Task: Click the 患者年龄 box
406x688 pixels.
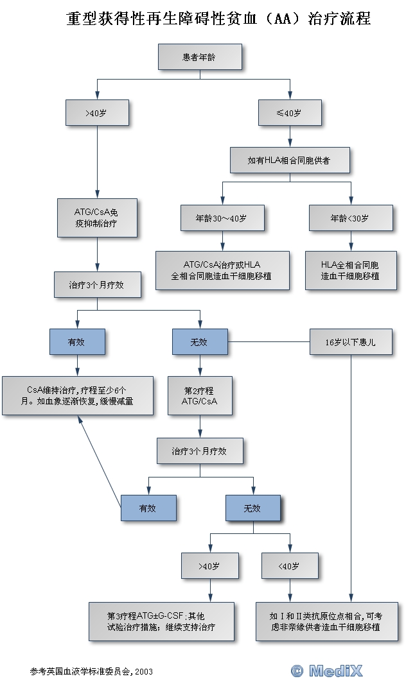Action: (x=200, y=57)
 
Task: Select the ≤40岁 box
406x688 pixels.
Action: (x=290, y=113)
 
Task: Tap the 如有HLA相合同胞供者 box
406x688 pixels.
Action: (x=290, y=160)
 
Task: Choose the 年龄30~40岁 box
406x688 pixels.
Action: (x=222, y=218)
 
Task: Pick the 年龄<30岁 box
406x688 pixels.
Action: (x=351, y=218)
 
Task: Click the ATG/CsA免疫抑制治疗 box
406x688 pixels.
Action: (x=97, y=218)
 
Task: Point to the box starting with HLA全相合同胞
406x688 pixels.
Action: (x=351, y=270)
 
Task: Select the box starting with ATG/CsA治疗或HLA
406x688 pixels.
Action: (x=222, y=270)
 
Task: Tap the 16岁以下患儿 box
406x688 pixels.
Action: (x=351, y=343)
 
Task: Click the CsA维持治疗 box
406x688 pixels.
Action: (x=78, y=395)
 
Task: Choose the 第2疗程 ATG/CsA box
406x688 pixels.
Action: (x=200, y=395)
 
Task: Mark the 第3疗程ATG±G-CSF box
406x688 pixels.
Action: (x=161, y=621)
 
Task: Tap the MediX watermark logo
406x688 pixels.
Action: (x=327, y=671)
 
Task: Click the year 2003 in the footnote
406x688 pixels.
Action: (x=144, y=672)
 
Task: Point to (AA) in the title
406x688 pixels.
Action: (x=283, y=19)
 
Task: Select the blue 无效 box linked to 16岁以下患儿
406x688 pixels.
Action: (x=200, y=343)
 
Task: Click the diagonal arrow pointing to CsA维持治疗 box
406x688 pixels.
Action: (x=99, y=458)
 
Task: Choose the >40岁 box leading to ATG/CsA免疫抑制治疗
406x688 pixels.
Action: (x=97, y=113)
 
